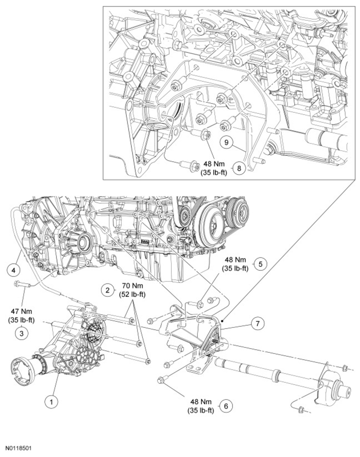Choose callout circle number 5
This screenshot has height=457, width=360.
pyautogui.click(x=260, y=263)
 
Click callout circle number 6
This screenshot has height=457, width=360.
pyautogui.click(x=226, y=406)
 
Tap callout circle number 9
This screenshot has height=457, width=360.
pyautogui.click(x=226, y=142)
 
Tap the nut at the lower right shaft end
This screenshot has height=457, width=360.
pyautogui.click(x=301, y=410)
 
